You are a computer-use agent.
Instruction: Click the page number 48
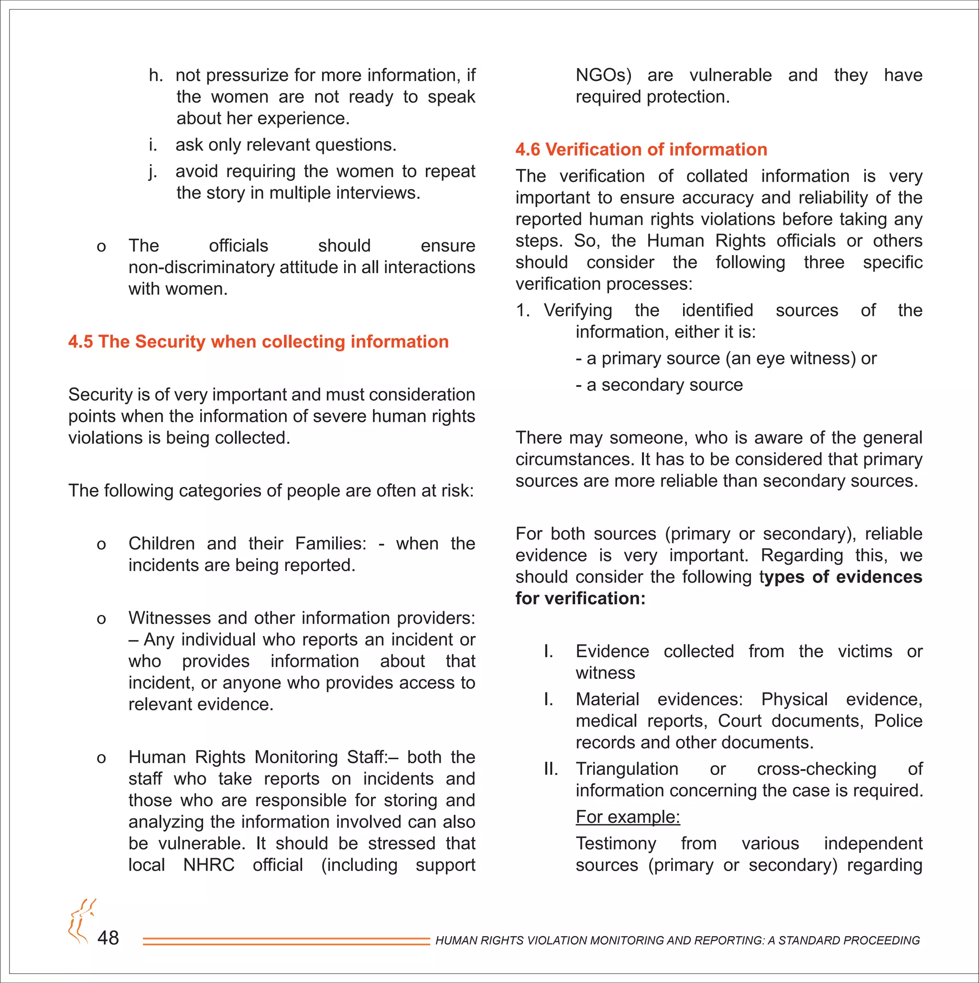coord(108,937)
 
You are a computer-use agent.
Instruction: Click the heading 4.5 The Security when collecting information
coord(258,342)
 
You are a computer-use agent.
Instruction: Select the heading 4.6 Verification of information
coord(641,149)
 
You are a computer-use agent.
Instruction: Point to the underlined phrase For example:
coord(628,817)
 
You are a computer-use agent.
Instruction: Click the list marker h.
coord(156,75)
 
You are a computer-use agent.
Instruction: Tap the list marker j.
coord(152,171)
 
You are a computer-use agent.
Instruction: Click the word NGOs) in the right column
coord(603,75)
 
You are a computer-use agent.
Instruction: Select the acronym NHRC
coord(208,865)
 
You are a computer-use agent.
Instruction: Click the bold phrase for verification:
coord(580,598)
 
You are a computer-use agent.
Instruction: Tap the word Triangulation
coord(627,769)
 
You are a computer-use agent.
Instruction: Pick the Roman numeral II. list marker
coord(551,769)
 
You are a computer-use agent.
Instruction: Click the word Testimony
coord(615,844)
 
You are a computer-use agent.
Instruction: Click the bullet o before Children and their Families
coord(101,544)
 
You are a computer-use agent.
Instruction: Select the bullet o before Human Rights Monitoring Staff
coord(101,758)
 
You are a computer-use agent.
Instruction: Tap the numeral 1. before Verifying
coord(523,310)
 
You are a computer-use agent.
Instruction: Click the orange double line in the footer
coord(286,941)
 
